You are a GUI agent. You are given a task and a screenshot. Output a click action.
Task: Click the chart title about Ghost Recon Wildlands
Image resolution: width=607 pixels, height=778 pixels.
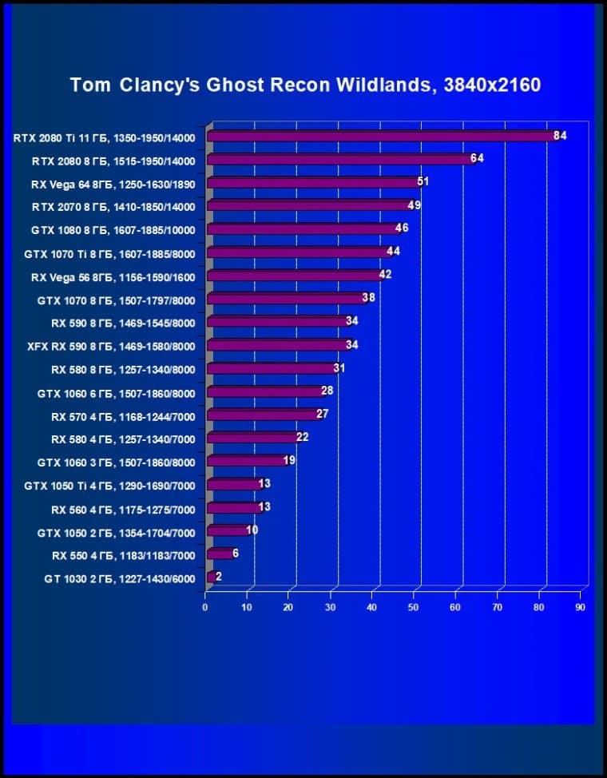(x=305, y=85)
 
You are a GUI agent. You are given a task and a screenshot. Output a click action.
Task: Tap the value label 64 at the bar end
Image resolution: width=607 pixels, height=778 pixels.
(x=477, y=158)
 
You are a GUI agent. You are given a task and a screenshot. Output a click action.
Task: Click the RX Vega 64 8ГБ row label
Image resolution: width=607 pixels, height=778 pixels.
(x=113, y=183)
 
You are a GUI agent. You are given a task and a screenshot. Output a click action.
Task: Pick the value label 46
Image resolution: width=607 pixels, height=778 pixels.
(x=402, y=228)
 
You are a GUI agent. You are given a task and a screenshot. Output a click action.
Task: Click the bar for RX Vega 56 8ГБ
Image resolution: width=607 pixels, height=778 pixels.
(x=293, y=276)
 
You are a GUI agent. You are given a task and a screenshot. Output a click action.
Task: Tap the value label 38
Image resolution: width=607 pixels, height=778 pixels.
(x=368, y=298)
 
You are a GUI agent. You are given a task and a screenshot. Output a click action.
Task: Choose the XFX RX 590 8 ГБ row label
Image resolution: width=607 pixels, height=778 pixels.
(x=111, y=345)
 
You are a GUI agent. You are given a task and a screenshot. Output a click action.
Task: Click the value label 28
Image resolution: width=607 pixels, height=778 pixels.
(x=327, y=391)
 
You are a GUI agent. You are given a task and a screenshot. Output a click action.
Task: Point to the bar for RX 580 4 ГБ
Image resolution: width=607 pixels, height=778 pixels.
(x=252, y=438)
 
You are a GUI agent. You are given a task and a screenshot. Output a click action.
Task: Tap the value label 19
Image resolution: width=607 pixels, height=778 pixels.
(x=289, y=460)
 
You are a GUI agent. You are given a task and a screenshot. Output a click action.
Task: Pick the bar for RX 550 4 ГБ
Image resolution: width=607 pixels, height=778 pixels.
(x=219, y=554)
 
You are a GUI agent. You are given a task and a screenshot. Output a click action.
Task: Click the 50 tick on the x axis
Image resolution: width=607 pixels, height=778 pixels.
(x=414, y=607)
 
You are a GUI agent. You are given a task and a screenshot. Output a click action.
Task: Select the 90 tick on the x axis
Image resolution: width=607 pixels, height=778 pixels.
(x=580, y=607)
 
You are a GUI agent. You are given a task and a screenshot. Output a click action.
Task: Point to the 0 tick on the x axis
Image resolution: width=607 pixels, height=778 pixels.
(x=205, y=607)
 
